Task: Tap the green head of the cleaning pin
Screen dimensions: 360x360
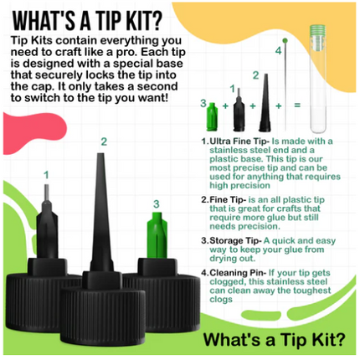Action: click(x=285, y=40)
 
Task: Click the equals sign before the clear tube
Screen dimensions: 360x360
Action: click(x=297, y=105)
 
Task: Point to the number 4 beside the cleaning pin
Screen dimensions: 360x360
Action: click(x=278, y=51)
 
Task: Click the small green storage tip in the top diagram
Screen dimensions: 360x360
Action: click(x=212, y=116)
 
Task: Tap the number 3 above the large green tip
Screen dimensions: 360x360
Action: click(x=157, y=204)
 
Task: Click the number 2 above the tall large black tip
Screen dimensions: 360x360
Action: click(x=104, y=141)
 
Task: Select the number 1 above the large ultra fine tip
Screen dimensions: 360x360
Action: click(x=46, y=175)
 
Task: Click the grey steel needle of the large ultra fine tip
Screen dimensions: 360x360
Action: click(x=47, y=193)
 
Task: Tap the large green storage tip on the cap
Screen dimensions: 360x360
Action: click(x=157, y=235)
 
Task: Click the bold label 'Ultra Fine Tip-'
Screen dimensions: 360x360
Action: click(x=239, y=141)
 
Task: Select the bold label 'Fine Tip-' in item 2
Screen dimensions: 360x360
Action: click(x=228, y=200)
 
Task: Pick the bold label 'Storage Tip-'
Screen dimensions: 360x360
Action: click(x=235, y=240)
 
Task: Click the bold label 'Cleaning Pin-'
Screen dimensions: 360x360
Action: click(x=238, y=273)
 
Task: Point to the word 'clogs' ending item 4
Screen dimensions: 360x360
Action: click(x=221, y=300)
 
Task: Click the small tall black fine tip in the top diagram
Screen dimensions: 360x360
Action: click(x=265, y=103)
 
